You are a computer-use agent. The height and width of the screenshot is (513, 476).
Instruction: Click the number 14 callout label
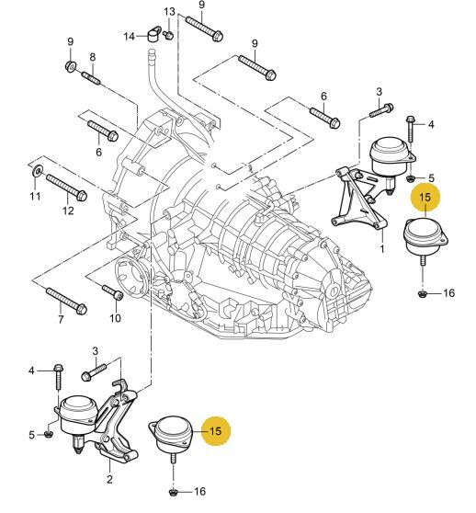pyautogui.click(x=130, y=36)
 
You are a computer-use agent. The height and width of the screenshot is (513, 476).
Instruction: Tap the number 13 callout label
pyautogui.click(x=169, y=13)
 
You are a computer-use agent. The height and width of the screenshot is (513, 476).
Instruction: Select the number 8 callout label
pyautogui.click(x=93, y=57)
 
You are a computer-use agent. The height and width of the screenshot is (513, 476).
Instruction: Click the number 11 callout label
pyautogui.click(x=35, y=197)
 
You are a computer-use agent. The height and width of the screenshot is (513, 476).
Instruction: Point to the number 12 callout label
pyautogui.click(x=68, y=211)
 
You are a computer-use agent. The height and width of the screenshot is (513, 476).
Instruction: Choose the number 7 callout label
pyautogui.click(x=61, y=319)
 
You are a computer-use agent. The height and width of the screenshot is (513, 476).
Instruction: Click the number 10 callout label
pyautogui.click(x=115, y=318)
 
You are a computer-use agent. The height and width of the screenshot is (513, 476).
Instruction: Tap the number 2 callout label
pyautogui.click(x=109, y=479)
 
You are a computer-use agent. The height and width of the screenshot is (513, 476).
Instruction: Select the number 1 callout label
pyautogui.click(x=382, y=249)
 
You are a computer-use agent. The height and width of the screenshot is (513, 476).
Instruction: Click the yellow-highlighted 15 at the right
pyautogui.click(x=425, y=197)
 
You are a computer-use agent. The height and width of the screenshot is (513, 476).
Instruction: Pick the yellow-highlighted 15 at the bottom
pyautogui.click(x=216, y=431)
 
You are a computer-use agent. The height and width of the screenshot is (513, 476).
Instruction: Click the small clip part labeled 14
pyautogui.click(x=154, y=34)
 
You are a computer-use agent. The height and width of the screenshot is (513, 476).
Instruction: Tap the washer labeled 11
pyautogui.click(x=38, y=170)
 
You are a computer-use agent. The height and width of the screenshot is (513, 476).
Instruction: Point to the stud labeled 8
pyautogui.click(x=93, y=79)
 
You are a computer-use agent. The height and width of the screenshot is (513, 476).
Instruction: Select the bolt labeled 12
pyautogui.click(x=66, y=188)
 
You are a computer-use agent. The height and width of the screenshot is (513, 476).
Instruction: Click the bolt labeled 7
pyautogui.click(x=67, y=301)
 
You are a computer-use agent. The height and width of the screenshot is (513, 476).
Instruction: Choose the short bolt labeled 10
pyautogui.click(x=113, y=292)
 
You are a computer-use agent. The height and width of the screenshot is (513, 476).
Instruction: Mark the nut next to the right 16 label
pyautogui.click(x=423, y=294)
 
